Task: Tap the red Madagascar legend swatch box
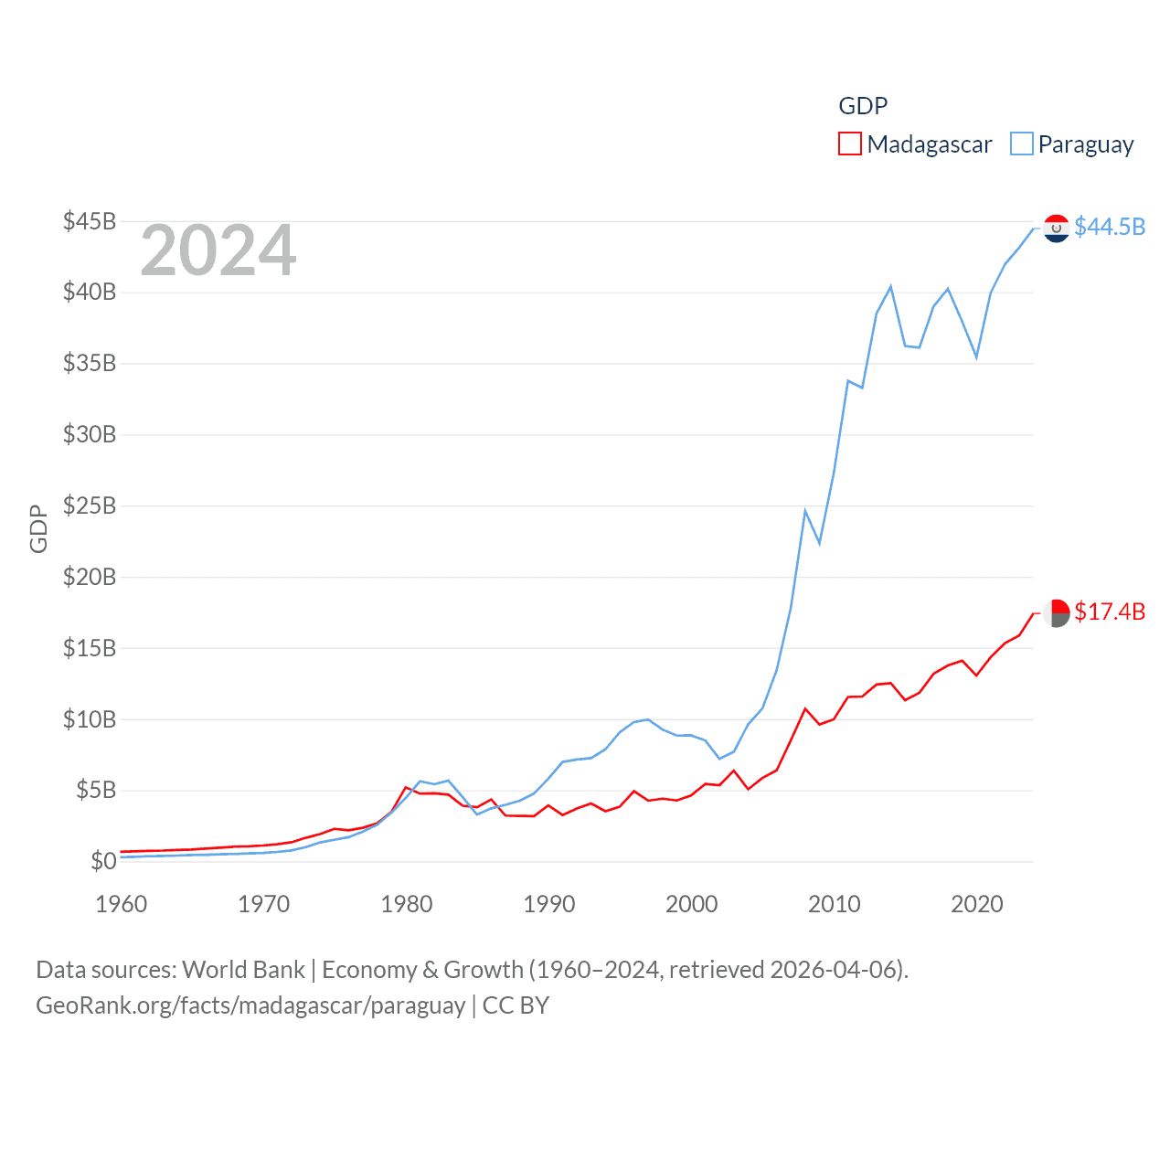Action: (x=850, y=144)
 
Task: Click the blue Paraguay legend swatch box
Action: (x=1022, y=144)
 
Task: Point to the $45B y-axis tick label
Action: (x=90, y=221)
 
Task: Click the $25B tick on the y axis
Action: (x=90, y=505)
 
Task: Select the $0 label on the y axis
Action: (x=103, y=861)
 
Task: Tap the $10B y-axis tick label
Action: (x=90, y=719)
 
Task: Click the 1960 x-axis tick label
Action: (x=122, y=904)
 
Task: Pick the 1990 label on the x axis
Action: (x=549, y=904)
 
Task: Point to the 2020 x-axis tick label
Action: (x=977, y=904)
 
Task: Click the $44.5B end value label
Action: (x=1110, y=227)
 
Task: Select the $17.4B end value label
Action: (x=1110, y=612)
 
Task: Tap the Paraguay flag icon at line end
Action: (x=1057, y=228)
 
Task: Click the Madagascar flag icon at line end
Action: (x=1057, y=612)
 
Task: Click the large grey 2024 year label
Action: (x=218, y=250)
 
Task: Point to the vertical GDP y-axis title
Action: (x=38, y=528)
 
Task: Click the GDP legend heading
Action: (x=863, y=106)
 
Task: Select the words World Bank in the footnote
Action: (x=243, y=969)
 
